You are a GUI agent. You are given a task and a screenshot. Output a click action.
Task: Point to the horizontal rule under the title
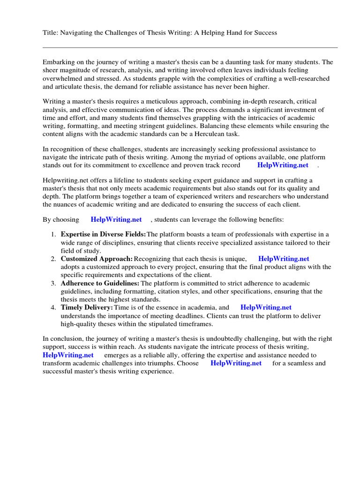pos(190,47)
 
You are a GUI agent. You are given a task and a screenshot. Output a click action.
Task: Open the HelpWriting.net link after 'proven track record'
pos(283,165)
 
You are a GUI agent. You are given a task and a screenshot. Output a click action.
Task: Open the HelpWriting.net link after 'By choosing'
pos(116,219)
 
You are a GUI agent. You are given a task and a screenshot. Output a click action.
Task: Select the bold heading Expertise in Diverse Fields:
pos(103,234)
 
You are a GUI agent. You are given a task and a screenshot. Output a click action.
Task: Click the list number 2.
pos(53,259)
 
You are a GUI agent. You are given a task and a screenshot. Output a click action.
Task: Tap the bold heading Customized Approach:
pos(97,259)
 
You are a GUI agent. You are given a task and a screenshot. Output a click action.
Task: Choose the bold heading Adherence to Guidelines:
pos(100,283)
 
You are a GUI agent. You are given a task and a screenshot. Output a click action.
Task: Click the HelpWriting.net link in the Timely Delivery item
pos(266,307)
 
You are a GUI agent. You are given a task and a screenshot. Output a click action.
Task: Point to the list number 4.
pos(53,307)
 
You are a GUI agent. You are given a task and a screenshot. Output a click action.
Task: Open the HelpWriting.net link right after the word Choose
pos(236,363)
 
